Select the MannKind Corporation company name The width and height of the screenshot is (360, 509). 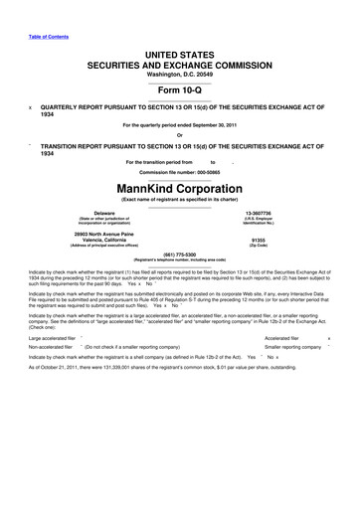click(x=180, y=186)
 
